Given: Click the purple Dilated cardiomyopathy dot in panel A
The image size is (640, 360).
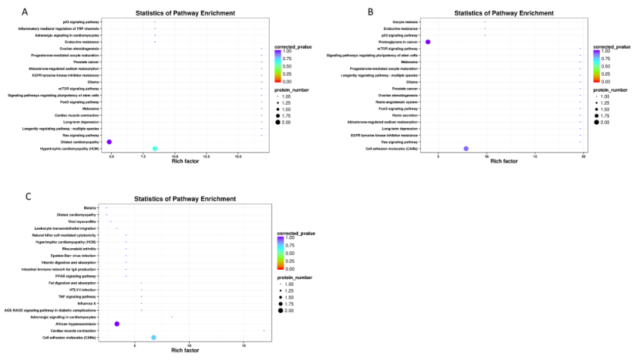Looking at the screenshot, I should [x=110, y=142].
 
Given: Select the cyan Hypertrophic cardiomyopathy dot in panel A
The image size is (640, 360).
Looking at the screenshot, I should [x=155, y=149].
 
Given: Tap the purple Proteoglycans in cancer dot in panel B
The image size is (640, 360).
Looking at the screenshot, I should [x=428, y=42].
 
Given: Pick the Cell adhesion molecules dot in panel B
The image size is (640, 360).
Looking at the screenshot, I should [x=467, y=149].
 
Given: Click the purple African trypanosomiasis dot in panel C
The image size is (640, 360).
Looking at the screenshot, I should [x=117, y=324].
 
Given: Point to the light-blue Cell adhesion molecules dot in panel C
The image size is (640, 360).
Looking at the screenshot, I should [x=154, y=338].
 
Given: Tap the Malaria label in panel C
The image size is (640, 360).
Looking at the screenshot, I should [x=90, y=207].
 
